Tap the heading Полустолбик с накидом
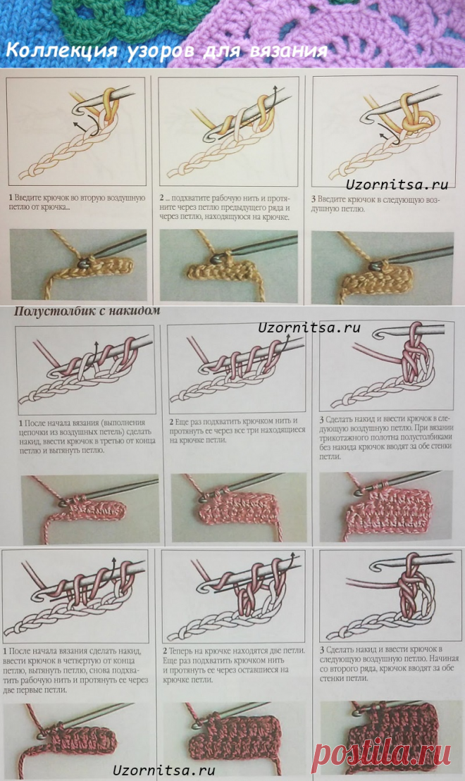(87, 310)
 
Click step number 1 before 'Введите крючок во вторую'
(11, 199)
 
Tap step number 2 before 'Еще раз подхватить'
(171, 423)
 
